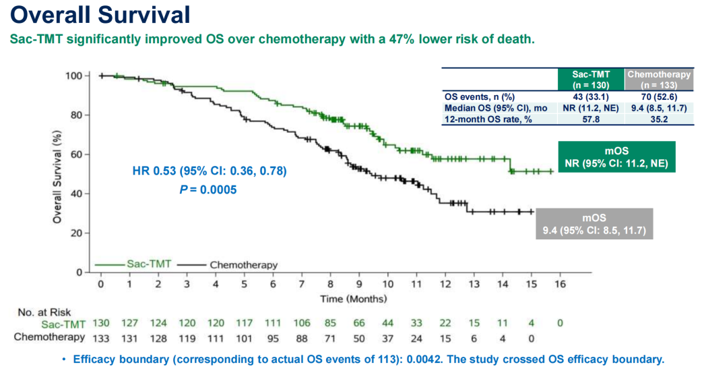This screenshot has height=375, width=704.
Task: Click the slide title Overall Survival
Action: [100, 14]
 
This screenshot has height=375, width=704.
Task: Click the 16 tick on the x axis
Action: [560, 285]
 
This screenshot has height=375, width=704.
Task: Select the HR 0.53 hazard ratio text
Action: [210, 172]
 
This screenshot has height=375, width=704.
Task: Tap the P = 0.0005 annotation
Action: [210, 190]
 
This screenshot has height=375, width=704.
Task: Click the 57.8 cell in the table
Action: [591, 119]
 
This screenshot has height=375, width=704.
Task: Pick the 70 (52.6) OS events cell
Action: [659, 96]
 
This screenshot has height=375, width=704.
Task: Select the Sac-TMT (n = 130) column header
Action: [591, 80]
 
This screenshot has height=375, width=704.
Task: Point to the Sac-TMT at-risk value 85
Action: [331, 324]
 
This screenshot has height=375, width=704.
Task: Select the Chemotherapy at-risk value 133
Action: [100, 337]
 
